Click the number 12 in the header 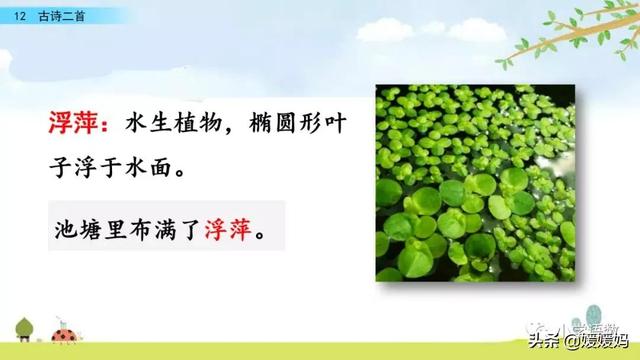pyautogui.click(x=19, y=13)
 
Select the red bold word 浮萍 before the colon pyautogui.click(x=77, y=123)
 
